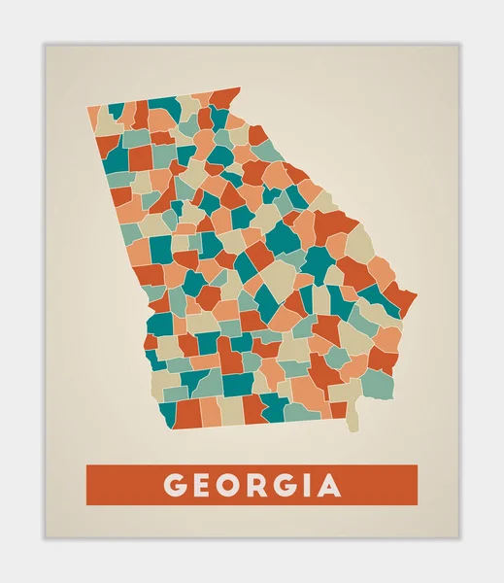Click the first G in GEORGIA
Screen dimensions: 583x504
tap(174, 485)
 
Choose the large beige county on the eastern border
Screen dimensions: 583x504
tap(360, 242)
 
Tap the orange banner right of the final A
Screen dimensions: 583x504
tap(384, 485)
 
